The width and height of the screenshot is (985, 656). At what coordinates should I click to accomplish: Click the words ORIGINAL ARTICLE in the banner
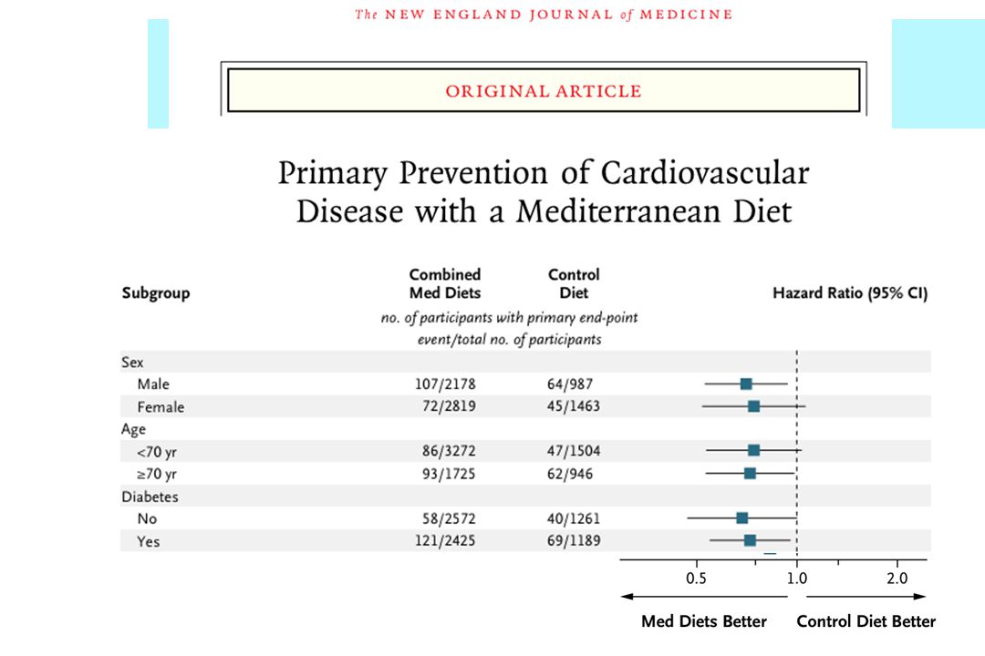544,91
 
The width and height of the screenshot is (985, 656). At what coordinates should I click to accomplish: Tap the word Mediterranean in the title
618,211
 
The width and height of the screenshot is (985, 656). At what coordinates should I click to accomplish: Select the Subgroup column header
156,293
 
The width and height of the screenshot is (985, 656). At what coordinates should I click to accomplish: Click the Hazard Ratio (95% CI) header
850,293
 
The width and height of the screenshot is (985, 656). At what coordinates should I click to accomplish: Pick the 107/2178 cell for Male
445,384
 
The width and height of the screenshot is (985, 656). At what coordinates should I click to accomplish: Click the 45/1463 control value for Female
573,406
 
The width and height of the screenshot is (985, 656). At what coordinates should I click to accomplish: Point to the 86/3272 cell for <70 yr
449,451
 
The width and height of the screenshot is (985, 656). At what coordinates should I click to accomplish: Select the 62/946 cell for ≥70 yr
570,474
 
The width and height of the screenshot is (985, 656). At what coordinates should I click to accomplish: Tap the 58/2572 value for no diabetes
449,518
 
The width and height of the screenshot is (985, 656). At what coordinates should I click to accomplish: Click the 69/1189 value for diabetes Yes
574,540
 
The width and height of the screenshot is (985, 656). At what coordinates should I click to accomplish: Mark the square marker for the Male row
746,384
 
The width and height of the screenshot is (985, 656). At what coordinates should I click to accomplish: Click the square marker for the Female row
754,406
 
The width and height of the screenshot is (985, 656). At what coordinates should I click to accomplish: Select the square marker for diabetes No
741,518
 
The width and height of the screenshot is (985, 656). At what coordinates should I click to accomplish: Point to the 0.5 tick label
696,579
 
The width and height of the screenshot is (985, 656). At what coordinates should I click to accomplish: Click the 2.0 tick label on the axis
897,579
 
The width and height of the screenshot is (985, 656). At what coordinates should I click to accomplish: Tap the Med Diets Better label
704,621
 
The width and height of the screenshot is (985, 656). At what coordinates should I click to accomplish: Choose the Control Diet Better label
866,621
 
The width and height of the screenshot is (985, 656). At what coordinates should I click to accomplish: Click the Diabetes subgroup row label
150,497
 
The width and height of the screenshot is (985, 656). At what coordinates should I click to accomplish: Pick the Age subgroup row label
133,429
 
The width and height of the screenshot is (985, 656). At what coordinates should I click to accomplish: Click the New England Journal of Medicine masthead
544,15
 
